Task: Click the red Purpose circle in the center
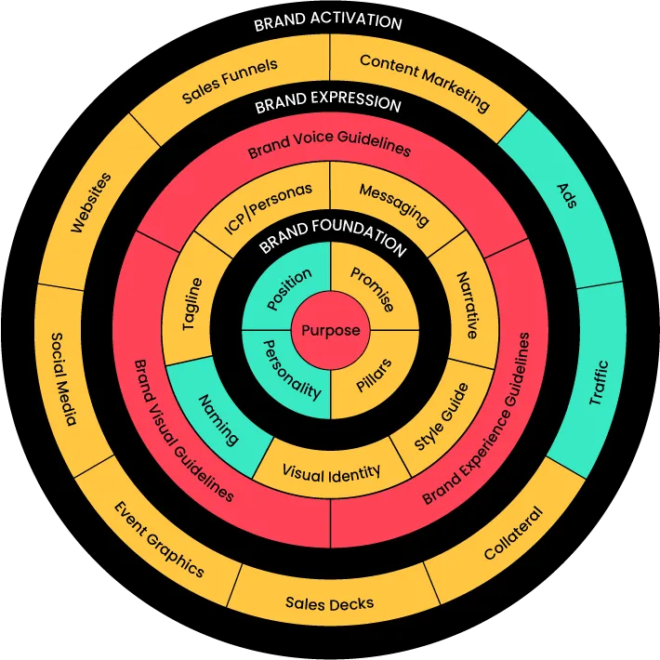[x=330, y=330]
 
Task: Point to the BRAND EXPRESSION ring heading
[x=328, y=101]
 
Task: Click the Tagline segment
[x=191, y=303]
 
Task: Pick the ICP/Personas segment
[x=269, y=207]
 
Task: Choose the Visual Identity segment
[x=331, y=472]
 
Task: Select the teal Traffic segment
[x=599, y=382]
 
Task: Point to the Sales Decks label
[x=330, y=603]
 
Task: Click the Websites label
[x=90, y=203]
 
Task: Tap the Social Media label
[x=64, y=379]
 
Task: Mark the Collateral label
[x=513, y=534]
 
